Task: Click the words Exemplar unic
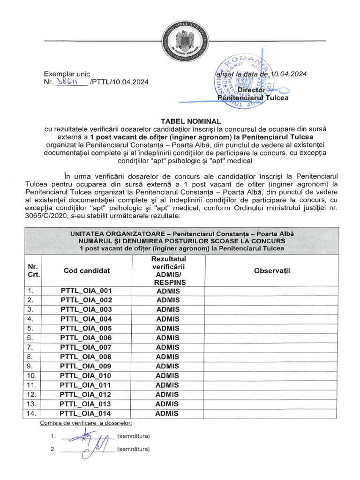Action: coord(67,74)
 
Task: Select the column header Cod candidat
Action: coord(87,270)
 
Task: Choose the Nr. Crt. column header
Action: coord(33,270)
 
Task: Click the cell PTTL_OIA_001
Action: coord(86,291)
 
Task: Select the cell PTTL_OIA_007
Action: coord(86,347)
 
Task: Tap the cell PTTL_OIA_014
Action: coord(86,413)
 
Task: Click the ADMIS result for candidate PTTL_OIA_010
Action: coord(167,375)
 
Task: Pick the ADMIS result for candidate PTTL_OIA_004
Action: coord(167,319)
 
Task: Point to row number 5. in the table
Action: coord(30,329)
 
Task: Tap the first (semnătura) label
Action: coord(134,436)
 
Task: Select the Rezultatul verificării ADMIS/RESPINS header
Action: coord(169,270)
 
